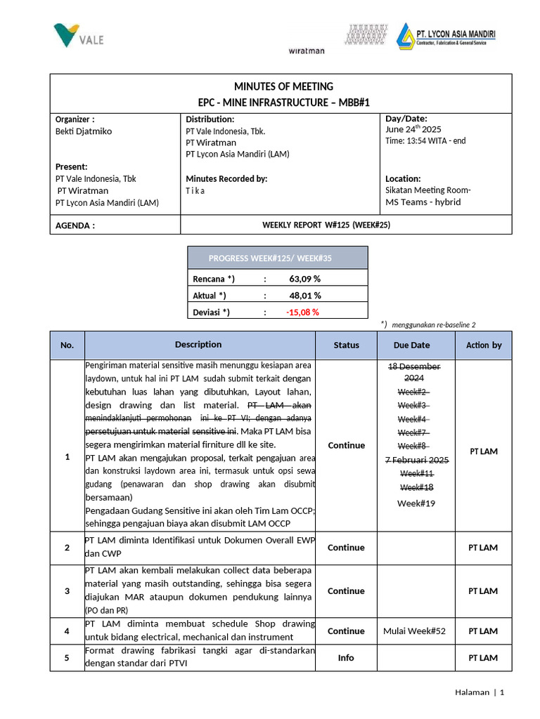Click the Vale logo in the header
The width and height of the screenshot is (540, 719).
pyautogui.click(x=78, y=34)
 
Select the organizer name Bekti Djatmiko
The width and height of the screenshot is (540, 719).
pyautogui.click(x=84, y=131)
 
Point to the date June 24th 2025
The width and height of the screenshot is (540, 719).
pyautogui.click(x=413, y=129)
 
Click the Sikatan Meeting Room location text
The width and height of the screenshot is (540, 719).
pyautogui.click(x=428, y=190)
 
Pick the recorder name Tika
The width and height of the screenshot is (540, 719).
pyautogui.click(x=195, y=191)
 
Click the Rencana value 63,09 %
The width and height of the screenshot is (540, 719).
pyautogui.click(x=304, y=279)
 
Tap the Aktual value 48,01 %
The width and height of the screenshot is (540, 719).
pyautogui.click(x=304, y=296)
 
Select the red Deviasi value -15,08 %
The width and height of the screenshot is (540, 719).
pyautogui.click(x=302, y=312)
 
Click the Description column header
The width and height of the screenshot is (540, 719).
pyautogui.click(x=198, y=345)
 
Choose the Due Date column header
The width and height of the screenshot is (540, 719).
pyautogui.click(x=412, y=345)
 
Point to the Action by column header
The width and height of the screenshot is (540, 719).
pyautogui.click(x=483, y=345)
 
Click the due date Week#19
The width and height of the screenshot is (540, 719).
pyautogui.click(x=416, y=503)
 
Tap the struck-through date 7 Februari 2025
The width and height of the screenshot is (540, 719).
pyautogui.click(x=416, y=460)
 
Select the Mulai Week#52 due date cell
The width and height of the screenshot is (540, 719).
pyautogui.click(x=414, y=631)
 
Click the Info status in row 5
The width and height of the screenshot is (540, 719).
pyautogui.click(x=346, y=658)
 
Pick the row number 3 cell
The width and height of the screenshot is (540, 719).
pyautogui.click(x=67, y=591)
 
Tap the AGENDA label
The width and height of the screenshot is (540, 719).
pyautogui.click(x=75, y=226)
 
